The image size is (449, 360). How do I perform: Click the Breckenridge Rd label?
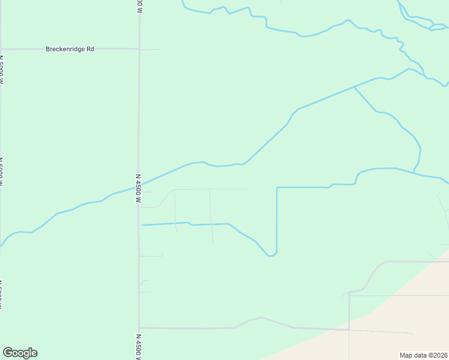pos(70,49)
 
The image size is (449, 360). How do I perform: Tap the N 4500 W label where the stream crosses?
pos(138,188)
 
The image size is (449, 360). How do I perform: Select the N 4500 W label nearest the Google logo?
pos(138,347)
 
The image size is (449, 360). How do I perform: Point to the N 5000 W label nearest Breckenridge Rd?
pos(1,71)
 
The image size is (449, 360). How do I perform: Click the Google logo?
pos(20,353)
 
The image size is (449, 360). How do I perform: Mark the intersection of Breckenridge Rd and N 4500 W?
pos(139,49)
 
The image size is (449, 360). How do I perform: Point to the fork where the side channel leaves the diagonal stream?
pos(354,87)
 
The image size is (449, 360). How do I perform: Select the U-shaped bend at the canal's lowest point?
pos(271,255)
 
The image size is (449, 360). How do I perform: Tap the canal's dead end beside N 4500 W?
pos(142,225)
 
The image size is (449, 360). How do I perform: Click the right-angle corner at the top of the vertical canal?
pos(277,188)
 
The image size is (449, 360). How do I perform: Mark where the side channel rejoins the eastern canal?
pos(414,171)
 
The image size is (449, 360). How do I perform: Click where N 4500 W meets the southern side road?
pos(139,328)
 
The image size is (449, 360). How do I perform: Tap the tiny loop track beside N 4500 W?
pos(148,192)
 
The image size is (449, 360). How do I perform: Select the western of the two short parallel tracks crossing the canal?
pos(175,211)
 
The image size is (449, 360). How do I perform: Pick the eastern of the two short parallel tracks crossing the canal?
pos(211,217)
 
